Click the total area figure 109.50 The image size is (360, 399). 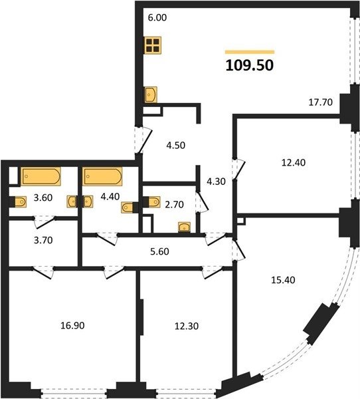click(249, 65)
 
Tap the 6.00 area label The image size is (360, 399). click(157, 17)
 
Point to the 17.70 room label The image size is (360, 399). click(320, 102)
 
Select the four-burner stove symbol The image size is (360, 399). click(153, 45)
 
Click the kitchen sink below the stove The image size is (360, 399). click(151, 94)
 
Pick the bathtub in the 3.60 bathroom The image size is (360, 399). click(41, 176)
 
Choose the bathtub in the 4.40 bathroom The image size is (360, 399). click(103, 176)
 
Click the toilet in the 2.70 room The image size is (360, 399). click(152, 202)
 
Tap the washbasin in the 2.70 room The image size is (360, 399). click(185, 227)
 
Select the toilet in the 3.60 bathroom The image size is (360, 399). click(18, 202)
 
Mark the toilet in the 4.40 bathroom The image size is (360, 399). click(130, 207)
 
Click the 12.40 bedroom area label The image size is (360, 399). click(294, 163)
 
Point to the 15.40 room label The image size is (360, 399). click(283, 280)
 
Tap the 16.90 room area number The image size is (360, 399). click(72, 325)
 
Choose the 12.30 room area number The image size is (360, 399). click(187, 327)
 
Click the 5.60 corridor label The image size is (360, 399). click(159, 251)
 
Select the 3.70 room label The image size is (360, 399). click(43, 240)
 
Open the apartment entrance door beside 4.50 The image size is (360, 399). click(143, 140)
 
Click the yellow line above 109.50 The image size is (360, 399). click(250, 52)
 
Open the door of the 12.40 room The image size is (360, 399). click(238, 169)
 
